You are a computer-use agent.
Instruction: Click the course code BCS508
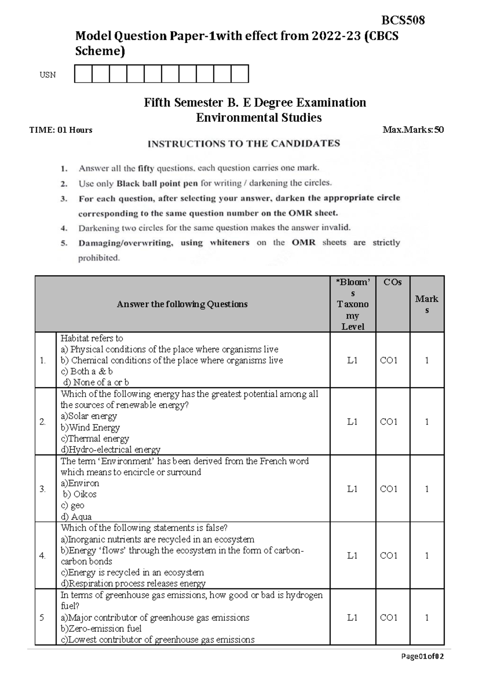[x=403, y=20]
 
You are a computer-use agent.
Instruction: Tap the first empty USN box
[x=83, y=74]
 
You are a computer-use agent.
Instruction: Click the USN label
[x=48, y=75]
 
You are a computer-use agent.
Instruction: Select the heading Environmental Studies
[x=259, y=117]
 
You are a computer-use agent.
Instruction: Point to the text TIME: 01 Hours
[x=61, y=130]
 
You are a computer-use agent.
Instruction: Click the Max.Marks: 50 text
[x=413, y=130]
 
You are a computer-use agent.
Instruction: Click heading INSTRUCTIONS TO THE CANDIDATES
[x=243, y=144]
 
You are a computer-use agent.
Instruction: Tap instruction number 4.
[x=64, y=228]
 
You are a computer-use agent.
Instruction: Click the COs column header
[x=392, y=282]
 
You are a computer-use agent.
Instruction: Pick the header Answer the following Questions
[x=182, y=304]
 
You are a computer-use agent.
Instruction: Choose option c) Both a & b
[x=87, y=371]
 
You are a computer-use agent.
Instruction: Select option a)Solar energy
[x=89, y=416]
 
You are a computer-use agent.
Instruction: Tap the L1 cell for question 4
[x=352, y=555]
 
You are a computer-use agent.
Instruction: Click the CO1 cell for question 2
[x=388, y=422]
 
